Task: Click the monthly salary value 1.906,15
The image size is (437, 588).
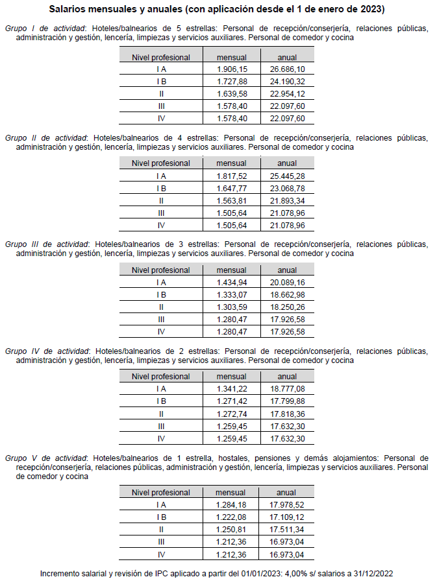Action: pyautogui.click(x=231, y=69)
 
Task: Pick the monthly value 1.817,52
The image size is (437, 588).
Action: pyautogui.click(x=231, y=176)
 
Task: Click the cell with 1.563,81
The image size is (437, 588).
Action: pyautogui.click(x=231, y=200)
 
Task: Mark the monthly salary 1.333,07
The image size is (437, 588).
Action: pyautogui.click(x=231, y=294)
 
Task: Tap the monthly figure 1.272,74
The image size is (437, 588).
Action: pyautogui.click(x=231, y=413)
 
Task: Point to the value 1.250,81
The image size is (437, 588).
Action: pyautogui.click(x=231, y=529)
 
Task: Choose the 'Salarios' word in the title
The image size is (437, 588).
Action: pyautogui.click(x=68, y=10)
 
